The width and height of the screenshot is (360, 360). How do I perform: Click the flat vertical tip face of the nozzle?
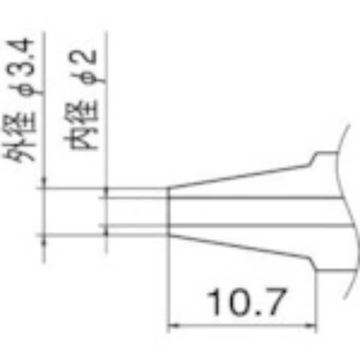[169, 211]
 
